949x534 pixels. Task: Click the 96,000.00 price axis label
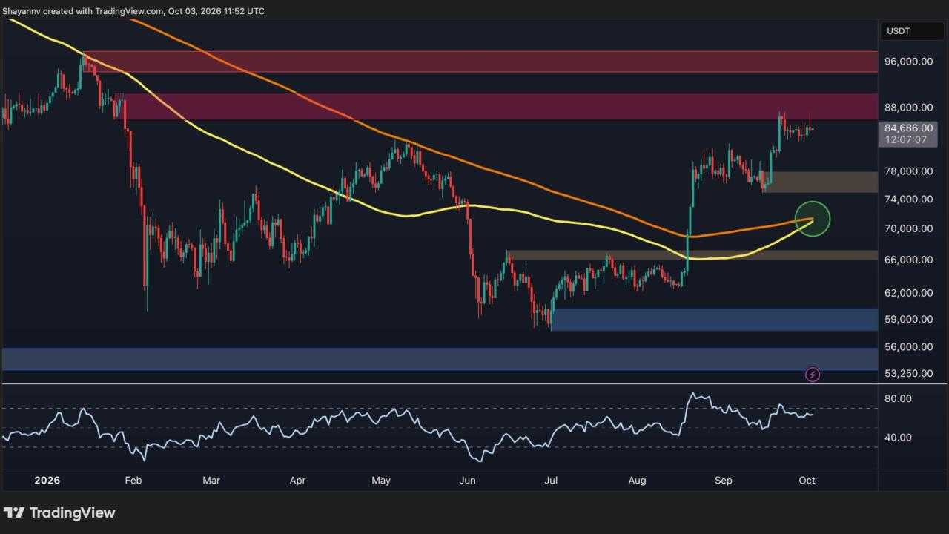pos(908,62)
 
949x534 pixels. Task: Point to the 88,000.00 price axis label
pos(908,108)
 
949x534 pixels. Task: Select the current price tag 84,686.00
pos(908,128)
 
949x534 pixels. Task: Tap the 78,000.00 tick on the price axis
pos(908,171)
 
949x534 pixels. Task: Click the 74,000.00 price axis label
pos(908,200)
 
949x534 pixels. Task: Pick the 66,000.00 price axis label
pos(908,260)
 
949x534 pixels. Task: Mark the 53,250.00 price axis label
pos(908,373)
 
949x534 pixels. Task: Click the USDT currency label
pos(898,31)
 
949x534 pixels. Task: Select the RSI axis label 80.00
pos(898,398)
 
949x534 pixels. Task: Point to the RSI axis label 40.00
pos(898,438)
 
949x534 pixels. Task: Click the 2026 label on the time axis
pos(47,480)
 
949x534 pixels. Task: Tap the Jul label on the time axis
pos(551,480)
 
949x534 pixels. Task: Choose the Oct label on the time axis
pos(807,480)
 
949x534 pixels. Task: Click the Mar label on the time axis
pos(211,480)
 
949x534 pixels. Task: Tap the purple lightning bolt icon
pos(813,375)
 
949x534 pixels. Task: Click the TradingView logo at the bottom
pos(59,512)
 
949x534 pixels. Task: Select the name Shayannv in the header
pos(22,11)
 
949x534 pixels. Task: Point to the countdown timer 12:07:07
pos(906,140)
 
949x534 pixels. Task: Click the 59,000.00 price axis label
pos(908,319)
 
